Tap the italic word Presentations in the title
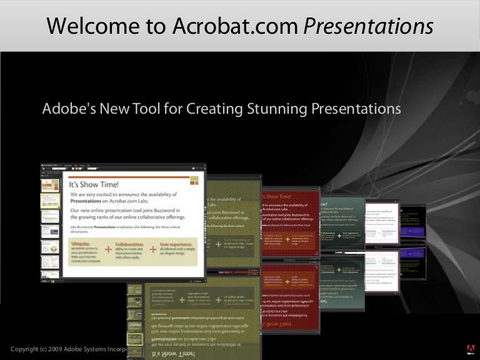pos(368,26)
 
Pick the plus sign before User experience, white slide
pos(153,249)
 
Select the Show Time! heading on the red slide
pos(278,196)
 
